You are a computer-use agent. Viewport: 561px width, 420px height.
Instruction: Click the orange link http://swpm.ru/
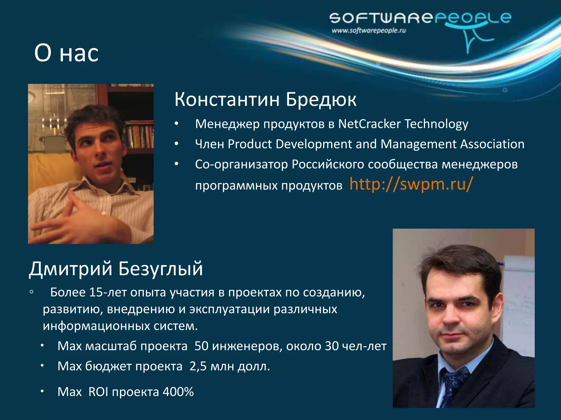tap(411, 184)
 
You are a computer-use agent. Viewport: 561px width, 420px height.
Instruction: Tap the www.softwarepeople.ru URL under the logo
tap(369, 30)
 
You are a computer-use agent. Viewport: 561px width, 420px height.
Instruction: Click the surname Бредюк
tap(321, 99)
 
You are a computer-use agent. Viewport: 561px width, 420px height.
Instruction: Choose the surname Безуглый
tap(161, 269)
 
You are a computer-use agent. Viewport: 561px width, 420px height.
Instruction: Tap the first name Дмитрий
tap(71, 269)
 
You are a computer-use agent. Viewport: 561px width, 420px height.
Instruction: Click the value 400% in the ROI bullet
tap(178, 392)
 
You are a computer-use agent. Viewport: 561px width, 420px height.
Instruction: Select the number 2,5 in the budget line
tap(198, 366)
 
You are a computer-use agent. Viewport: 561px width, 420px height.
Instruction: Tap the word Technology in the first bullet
tap(436, 124)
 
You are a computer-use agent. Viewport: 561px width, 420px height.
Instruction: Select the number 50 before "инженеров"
tap(202, 346)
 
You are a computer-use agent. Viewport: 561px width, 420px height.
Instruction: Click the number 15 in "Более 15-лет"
tap(96, 293)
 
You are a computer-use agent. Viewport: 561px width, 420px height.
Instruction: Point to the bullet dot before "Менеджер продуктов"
tap(177, 124)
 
